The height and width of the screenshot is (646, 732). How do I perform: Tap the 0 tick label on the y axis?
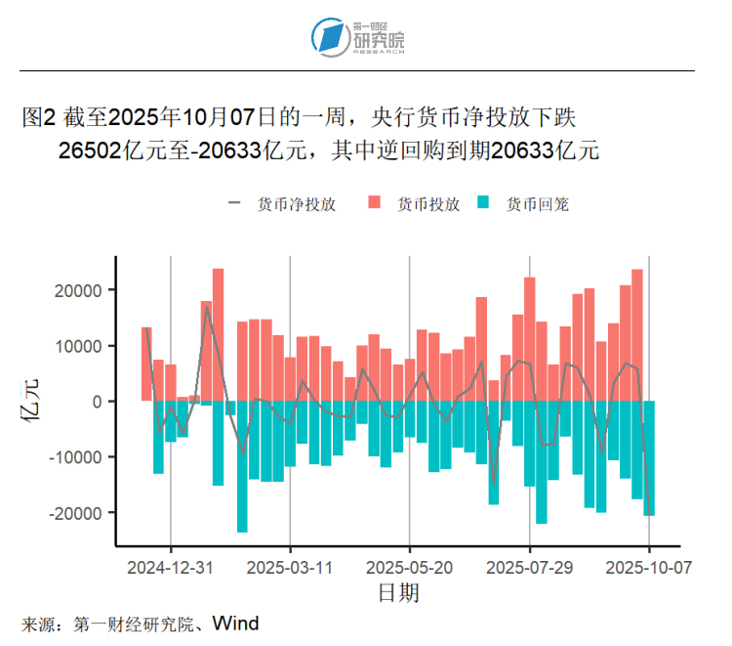pos(98,402)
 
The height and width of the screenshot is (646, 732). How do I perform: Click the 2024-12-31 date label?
pos(171,567)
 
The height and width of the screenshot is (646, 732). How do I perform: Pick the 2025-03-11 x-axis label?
pos(290,567)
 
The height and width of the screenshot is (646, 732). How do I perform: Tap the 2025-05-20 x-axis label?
pos(410,567)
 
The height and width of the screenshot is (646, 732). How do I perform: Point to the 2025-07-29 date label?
pos(530,567)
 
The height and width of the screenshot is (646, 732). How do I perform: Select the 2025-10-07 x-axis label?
pos(649,567)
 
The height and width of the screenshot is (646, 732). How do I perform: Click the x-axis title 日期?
pos(398,592)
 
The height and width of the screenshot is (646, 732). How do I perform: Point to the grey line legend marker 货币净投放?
pos(234,204)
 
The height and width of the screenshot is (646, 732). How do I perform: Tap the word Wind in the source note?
pos(236,623)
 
